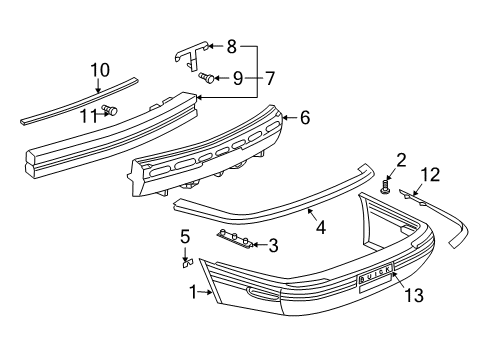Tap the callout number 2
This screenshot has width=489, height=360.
401,159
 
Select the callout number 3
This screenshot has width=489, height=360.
273,244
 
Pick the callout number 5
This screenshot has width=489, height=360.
185,236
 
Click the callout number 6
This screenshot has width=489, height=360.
305,118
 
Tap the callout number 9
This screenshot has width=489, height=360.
237,76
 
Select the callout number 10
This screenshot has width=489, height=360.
100,70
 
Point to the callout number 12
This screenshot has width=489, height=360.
430,176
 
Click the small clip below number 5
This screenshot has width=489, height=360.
185,264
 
